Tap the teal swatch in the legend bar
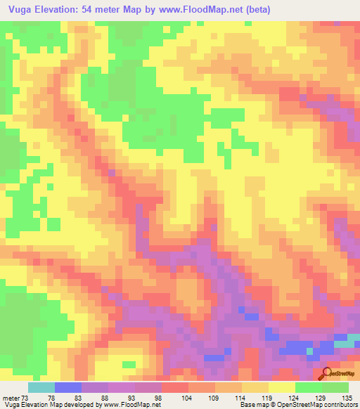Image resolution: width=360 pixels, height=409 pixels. [x=41, y=387]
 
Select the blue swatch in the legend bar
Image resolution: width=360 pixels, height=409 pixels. [x=67, y=387]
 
